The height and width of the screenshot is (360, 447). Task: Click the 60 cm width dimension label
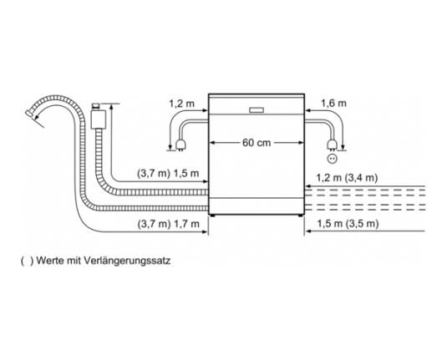pos(257,142)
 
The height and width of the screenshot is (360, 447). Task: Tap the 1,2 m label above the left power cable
pos(181,104)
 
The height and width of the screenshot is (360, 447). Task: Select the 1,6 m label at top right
pos(334,103)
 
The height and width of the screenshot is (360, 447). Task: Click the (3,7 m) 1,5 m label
pos(168,173)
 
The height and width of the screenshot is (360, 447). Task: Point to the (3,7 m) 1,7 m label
pos(169,224)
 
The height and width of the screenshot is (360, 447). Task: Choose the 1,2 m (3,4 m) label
pos(347,178)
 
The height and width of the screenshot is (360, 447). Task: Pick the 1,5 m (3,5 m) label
pos(348,224)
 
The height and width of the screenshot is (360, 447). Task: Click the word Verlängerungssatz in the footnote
pos(127,261)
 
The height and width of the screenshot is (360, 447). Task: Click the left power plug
pos(181,145)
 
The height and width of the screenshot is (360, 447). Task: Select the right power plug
pos(331,145)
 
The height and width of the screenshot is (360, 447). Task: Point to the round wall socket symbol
pos(332,158)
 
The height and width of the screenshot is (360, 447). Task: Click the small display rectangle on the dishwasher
pos(257,110)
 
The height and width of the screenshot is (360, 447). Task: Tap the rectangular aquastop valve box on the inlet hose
pos(98,119)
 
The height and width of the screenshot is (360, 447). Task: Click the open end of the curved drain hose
pos(28,114)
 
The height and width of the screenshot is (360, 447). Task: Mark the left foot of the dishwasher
pos(212,215)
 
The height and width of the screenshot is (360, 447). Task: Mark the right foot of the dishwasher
pos(301,215)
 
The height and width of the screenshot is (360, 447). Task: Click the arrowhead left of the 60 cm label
pos(212,143)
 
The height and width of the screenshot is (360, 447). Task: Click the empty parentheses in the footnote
pos(27,261)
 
